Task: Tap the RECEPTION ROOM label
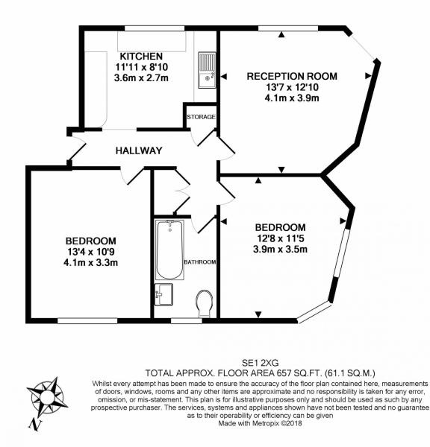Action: pos(292,76)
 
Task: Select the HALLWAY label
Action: pos(139,150)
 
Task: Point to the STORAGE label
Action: pos(201,118)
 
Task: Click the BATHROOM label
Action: pos(201,261)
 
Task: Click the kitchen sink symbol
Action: pos(206,69)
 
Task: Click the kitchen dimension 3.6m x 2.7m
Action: pos(137,77)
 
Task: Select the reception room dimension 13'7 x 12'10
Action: pos(292,86)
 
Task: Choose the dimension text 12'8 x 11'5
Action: pos(280,238)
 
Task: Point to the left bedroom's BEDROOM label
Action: pos(90,241)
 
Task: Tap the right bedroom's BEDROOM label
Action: pos(280,227)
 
